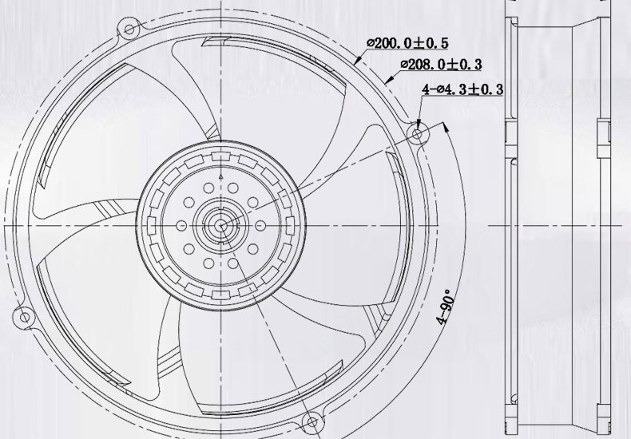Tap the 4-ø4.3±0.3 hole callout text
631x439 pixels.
(x=462, y=89)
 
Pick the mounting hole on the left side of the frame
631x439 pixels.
(x=25, y=318)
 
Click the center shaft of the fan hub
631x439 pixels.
(x=220, y=226)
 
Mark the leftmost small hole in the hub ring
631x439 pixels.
(x=181, y=226)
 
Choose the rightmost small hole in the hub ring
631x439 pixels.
(x=260, y=226)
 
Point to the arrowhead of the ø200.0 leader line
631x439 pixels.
(x=355, y=61)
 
